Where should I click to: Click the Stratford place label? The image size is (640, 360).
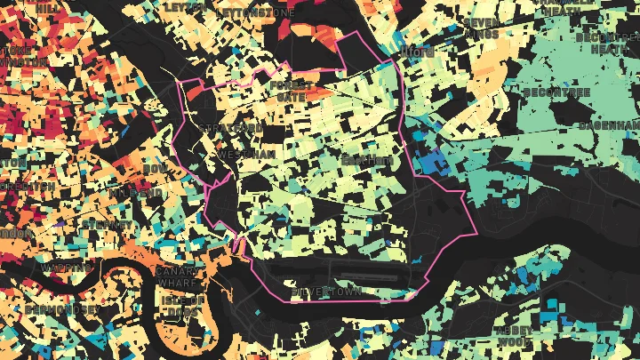(230, 129)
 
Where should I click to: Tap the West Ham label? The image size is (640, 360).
(242, 155)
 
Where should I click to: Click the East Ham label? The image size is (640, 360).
(367, 161)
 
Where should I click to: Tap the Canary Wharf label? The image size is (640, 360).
(175, 276)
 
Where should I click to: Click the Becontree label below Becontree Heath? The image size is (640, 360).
(556, 92)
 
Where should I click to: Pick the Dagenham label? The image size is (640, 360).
(608, 125)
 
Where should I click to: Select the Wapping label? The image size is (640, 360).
(66, 267)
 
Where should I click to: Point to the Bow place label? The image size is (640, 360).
(155, 169)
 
